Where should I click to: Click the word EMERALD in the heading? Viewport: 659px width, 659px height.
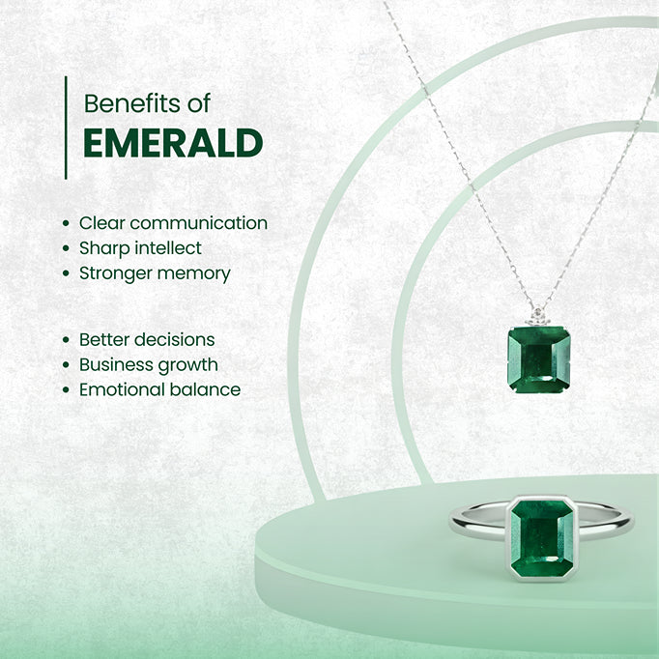[173, 143]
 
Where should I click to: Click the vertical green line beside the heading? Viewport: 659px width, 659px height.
[66, 128]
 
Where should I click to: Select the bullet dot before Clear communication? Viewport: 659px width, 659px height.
[65, 223]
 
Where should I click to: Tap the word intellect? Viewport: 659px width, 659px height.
[167, 248]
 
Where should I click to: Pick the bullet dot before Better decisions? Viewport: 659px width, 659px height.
[65, 340]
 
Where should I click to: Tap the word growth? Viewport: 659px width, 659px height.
[189, 365]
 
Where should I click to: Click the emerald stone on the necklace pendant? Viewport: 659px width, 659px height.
[538, 358]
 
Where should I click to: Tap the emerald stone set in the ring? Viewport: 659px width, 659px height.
[541, 539]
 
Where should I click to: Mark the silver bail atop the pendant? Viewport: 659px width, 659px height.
[537, 318]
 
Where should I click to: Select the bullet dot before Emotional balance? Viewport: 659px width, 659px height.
[65, 390]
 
